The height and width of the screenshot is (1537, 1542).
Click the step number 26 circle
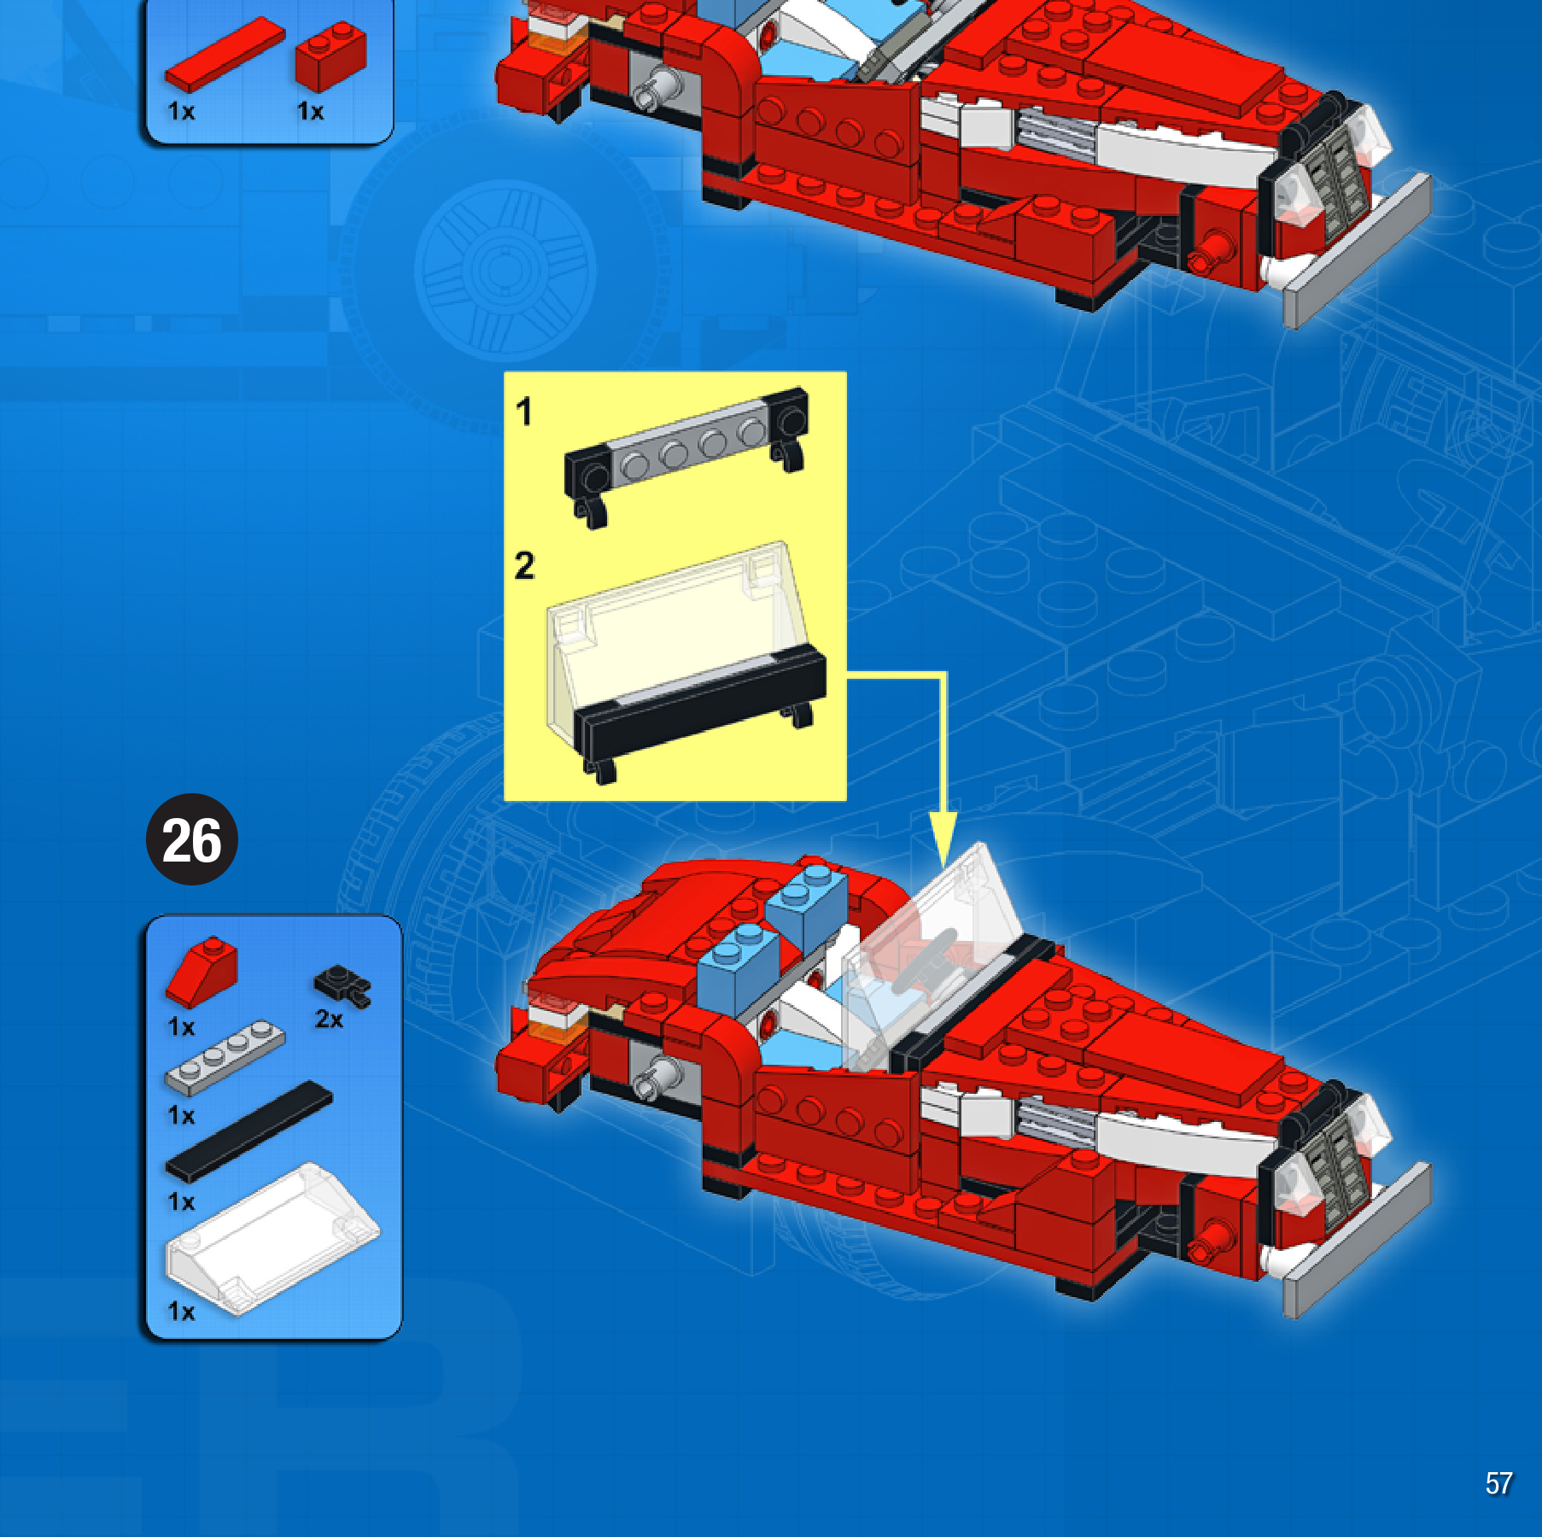pyautogui.click(x=192, y=839)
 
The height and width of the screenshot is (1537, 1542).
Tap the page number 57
pyautogui.click(x=1498, y=1483)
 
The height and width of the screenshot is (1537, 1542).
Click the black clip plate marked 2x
pyautogui.click(x=342, y=985)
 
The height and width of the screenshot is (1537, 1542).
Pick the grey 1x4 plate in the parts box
pyautogui.click(x=225, y=1057)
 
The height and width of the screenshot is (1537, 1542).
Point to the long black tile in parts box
pyautogui.click(x=248, y=1131)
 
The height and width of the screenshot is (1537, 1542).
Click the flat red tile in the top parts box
pyautogui.click(x=225, y=54)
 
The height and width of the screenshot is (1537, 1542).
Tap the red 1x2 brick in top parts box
pyautogui.click(x=330, y=56)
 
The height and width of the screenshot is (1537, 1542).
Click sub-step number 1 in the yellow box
pyautogui.click(x=523, y=412)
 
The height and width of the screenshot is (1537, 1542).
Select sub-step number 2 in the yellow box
pyautogui.click(x=524, y=565)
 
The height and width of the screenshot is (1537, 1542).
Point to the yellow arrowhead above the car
pyautogui.click(x=943, y=840)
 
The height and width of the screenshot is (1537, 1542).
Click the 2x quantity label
pyautogui.click(x=329, y=1020)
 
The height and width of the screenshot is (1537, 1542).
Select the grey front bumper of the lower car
pyautogui.click(x=1358, y=1241)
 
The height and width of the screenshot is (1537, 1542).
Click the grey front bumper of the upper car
pyautogui.click(x=1358, y=251)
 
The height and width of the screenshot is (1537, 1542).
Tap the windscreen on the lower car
pyautogui.click(x=935, y=956)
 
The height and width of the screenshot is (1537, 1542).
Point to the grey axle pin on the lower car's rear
pyautogui.click(x=657, y=1077)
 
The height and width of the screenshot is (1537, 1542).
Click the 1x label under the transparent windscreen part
pyautogui.click(x=181, y=1311)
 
